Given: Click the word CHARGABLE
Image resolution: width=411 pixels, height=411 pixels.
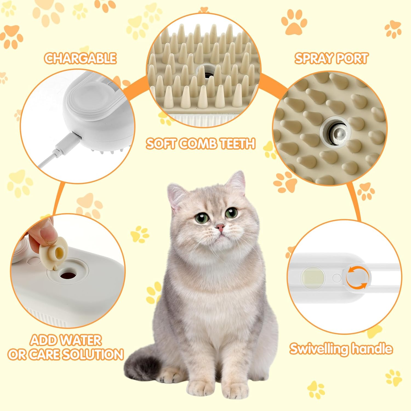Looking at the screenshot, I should click(80, 58).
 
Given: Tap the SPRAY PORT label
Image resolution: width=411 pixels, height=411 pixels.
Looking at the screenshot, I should click(331, 58).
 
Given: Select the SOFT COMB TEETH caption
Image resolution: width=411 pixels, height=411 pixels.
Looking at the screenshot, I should click(201, 144).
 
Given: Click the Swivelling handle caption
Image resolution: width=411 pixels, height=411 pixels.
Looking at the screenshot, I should click(341, 349).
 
